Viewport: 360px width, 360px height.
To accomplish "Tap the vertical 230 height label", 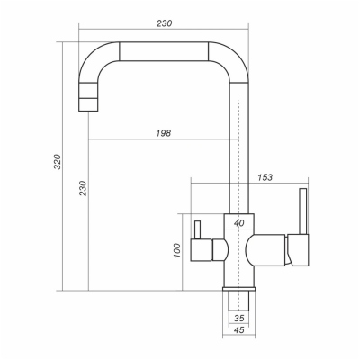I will (x=82, y=189).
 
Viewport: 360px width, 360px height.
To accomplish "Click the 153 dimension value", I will (x=265, y=178).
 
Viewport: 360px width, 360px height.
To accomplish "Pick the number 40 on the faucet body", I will (x=238, y=222).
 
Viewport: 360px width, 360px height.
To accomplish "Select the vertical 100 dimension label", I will (x=177, y=250).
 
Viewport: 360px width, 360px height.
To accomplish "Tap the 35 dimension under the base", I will (x=238, y=318).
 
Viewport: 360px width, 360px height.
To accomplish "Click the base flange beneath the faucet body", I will (x=238, y=284).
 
